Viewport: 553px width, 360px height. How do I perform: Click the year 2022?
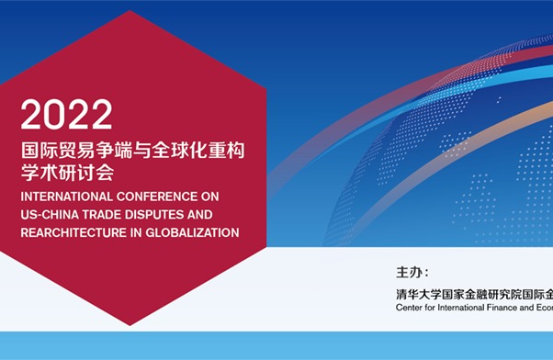point(66,115)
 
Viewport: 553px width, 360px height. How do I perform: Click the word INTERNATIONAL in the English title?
point(65,196)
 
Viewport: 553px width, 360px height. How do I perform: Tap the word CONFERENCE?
point(161,196)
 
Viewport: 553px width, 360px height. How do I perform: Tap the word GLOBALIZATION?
point(195,232)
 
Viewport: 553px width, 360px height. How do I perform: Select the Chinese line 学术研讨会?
point(68,172)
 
